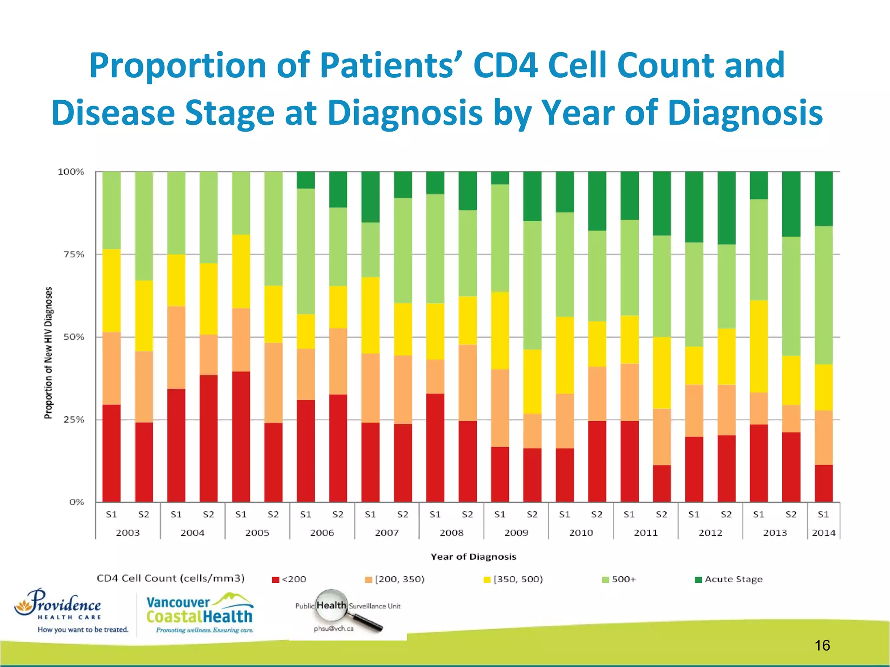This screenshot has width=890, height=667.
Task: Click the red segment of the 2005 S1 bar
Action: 241,436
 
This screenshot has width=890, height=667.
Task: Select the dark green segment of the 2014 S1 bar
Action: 824,198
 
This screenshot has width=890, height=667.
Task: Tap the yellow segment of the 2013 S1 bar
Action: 759,346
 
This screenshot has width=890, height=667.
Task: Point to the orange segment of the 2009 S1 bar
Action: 500,408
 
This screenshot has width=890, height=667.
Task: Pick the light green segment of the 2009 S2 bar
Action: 532,285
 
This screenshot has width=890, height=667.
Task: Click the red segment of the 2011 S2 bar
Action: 661,483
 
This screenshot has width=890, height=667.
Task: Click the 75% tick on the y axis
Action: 71,254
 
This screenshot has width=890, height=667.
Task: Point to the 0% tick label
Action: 76,502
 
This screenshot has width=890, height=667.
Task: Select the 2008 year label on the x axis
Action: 452,533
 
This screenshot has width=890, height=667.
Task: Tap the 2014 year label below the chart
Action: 824,533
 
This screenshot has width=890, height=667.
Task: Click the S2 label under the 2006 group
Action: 338,515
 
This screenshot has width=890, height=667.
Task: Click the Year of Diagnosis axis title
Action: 473,557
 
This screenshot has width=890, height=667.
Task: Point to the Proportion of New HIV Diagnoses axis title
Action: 48,353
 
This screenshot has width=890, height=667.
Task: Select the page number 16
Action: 822,645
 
